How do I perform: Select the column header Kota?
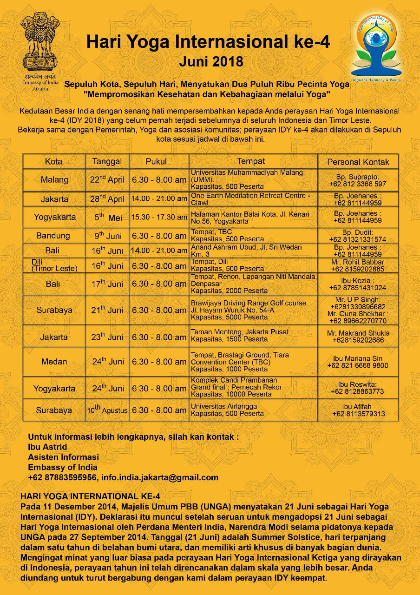click(54, 162)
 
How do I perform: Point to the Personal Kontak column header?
click(358, 162)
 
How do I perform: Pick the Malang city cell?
click(54, 180)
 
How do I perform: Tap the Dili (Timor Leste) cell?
click(54, 265)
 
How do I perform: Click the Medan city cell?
click(54, 362)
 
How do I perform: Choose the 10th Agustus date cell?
click(107, 410)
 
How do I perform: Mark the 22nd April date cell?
click(107, 180)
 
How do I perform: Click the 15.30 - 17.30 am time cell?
click(159, 217)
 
